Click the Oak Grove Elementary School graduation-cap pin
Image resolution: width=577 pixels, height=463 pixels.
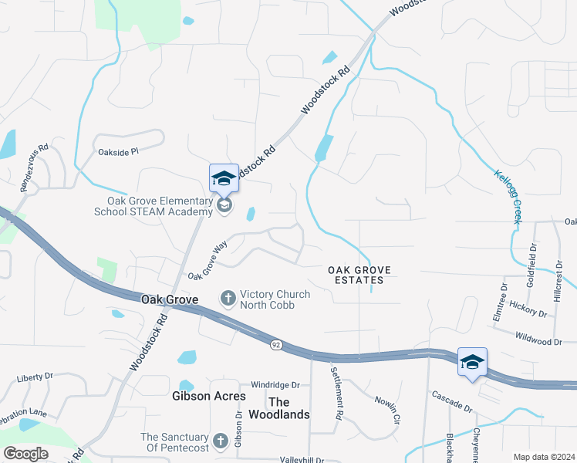pos(224,178)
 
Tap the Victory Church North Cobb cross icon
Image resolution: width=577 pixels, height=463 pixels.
pos(228,297)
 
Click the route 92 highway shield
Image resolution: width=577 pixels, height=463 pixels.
pos(275,345)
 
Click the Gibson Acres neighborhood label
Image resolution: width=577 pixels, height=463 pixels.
pos(208,397)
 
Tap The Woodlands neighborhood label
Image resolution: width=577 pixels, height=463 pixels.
pos(289,408)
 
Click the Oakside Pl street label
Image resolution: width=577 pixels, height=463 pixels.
pos(118,152)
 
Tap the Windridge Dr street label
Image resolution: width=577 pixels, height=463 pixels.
pos(275,385)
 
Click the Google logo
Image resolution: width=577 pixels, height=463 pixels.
pos(25,454)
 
